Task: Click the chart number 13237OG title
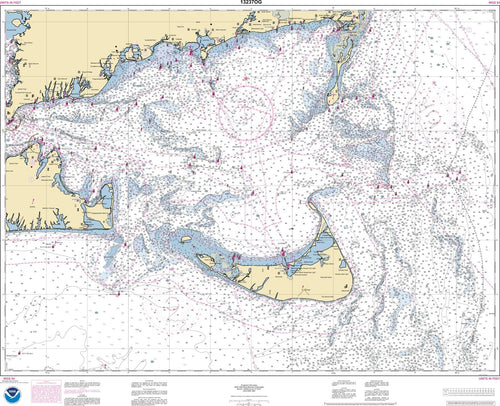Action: tap(249, 4)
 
